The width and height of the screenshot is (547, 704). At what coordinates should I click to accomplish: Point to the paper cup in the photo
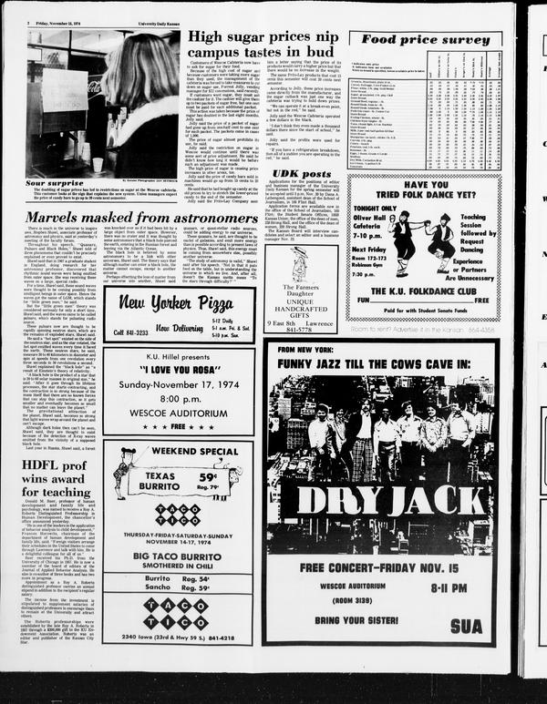tap(98, 165)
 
